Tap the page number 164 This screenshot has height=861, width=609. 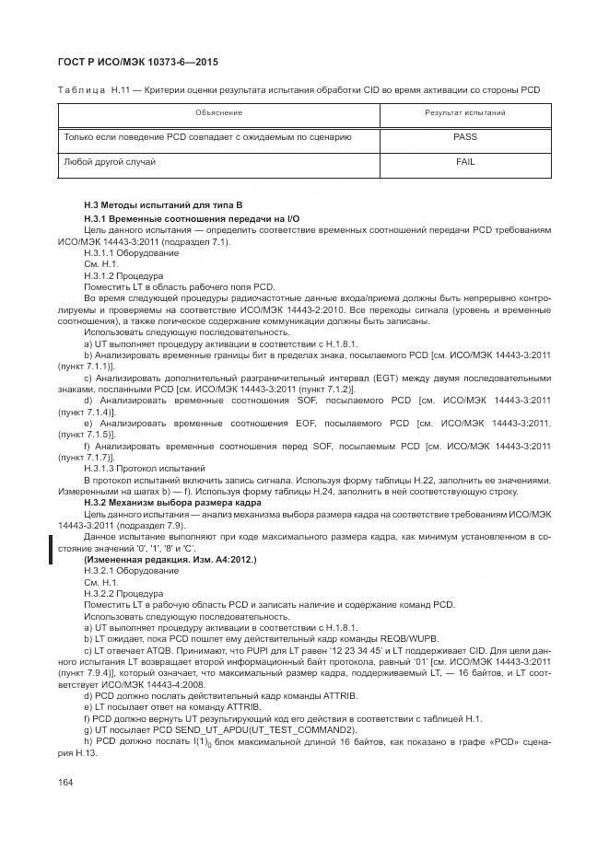coord(65,783)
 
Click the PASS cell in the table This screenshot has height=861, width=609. coord(464,136)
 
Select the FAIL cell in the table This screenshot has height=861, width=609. coord(464,162)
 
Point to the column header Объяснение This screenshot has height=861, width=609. coord(218,112)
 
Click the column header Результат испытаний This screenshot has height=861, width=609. coord(464,112)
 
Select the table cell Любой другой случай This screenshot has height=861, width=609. coord(109,162)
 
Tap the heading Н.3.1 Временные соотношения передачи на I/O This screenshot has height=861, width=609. coord(192,218)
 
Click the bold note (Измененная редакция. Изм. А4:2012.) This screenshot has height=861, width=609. coord(170,560)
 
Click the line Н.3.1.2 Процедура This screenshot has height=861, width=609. coord(123,275)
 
